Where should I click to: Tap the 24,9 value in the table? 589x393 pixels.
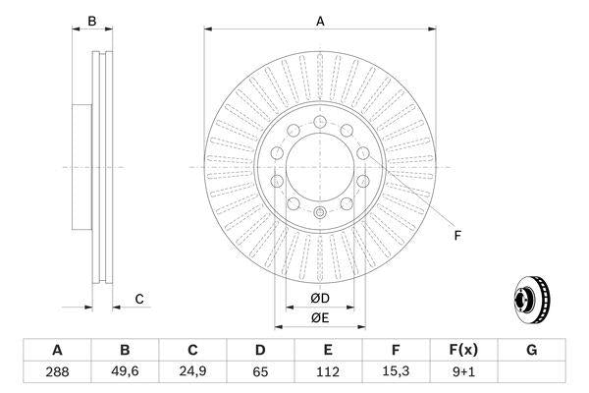[192, 373]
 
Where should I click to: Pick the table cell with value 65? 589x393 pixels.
[260, 373]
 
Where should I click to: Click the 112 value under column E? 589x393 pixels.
[328, 373]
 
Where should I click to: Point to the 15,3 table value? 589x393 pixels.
[396, 373]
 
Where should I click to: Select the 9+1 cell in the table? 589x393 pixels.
[463, 373]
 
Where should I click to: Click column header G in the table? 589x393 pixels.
[531, 351]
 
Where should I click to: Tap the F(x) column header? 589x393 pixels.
[463, 351]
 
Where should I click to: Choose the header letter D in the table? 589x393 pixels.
[260, 351]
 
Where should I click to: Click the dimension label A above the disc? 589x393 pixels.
[320, 20]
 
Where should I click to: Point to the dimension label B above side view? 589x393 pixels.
[91, 20]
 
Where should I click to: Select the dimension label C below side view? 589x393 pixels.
[139, 299]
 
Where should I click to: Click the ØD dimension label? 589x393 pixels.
[320, 299]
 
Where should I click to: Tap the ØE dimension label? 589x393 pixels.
[320, 317]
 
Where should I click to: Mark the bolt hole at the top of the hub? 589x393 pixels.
[320, 118]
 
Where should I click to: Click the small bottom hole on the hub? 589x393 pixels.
[320, 213]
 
